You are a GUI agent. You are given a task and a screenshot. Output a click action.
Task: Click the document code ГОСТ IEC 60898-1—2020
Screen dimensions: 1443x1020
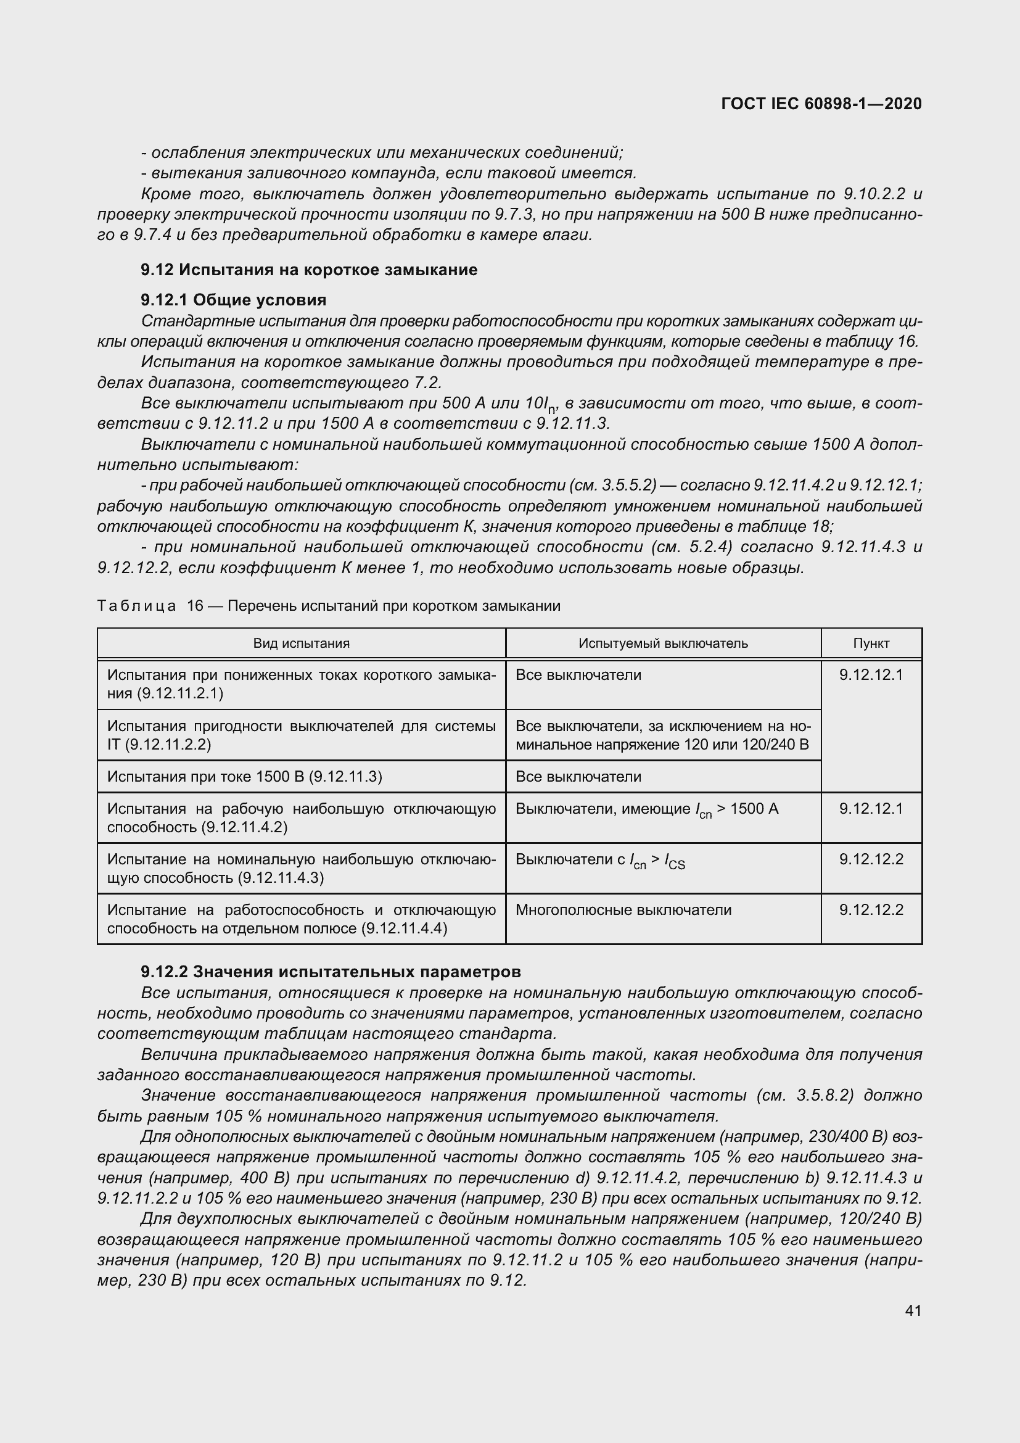coord(821,104)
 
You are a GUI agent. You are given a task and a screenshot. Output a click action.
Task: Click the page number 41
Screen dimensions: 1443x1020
coord(913,1310)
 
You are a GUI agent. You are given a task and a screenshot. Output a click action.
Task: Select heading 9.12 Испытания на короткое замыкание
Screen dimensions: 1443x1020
coord(309,270)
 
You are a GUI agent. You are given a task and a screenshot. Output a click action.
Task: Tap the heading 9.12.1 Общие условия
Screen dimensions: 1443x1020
coord(234,300)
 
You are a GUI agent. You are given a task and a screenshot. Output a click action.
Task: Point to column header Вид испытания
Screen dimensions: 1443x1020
coord(302,643)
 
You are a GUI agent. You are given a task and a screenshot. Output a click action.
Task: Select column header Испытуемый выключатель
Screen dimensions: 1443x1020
coord(664,643)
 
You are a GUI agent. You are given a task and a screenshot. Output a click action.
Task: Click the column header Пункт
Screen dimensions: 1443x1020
coord(871,643)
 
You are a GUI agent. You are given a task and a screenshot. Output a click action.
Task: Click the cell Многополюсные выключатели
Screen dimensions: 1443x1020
coord(623,910)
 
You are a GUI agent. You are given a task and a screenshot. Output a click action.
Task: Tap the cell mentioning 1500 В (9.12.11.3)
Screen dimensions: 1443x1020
coord(245,777)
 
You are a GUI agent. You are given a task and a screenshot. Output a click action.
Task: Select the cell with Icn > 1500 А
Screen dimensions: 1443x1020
coord(647,809)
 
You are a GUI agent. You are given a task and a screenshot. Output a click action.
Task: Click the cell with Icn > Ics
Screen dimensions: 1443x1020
coord(600,861)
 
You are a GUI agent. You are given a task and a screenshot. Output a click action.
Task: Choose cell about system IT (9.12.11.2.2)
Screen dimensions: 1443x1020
coord(302,735)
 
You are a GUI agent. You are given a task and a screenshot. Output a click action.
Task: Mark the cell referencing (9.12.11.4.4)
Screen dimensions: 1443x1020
coord(302,919)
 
